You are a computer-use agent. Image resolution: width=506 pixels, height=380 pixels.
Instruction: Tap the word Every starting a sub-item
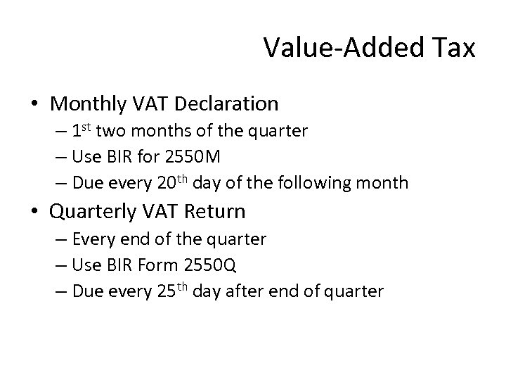coord(95,239)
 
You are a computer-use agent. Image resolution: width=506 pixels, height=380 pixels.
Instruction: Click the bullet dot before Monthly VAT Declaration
coord(35,105)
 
